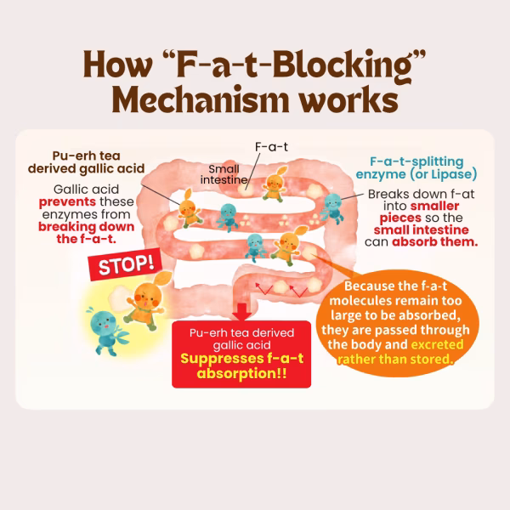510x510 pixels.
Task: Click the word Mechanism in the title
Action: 201,99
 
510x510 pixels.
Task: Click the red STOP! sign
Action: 126,264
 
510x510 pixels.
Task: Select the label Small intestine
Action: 224,174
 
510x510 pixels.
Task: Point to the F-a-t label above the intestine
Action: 271,147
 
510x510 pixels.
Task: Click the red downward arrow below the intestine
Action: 241,312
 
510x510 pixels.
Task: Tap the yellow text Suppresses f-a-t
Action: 241,359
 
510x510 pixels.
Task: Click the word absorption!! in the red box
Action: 241,373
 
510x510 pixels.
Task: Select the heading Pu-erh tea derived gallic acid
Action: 86,162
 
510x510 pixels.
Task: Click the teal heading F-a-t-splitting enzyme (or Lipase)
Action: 416,167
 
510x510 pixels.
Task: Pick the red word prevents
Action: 67,202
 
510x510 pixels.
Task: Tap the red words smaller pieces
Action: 420,212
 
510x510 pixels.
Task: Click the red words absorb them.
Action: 435,242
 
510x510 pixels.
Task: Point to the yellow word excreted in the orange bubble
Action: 437,344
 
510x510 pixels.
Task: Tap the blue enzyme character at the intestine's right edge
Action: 332,208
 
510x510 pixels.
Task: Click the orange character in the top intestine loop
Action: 275,184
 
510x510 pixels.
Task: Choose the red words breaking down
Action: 86,227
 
